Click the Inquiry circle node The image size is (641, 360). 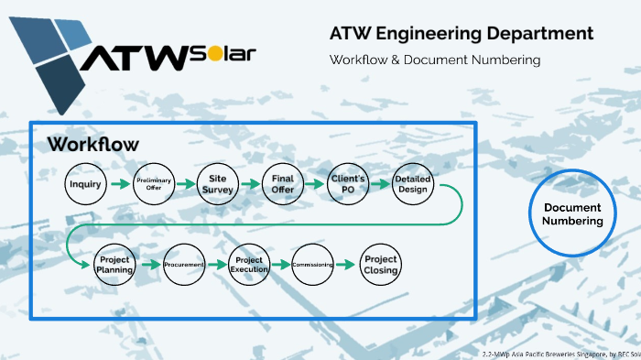85,184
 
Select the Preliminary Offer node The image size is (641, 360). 153,184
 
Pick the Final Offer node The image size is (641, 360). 282,184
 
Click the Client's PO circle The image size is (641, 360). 347,184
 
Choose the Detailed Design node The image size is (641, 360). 412,184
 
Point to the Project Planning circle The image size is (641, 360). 115,265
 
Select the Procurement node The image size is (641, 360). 183,265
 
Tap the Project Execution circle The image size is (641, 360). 249,265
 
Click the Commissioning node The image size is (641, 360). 313,265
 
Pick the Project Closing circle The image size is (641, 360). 380,265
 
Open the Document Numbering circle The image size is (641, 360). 572,214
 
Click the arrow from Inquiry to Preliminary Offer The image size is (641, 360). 119,184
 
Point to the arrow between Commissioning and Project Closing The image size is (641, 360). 346,265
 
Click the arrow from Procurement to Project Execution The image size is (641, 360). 216,265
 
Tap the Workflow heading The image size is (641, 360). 93,144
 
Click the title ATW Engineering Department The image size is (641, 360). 462,34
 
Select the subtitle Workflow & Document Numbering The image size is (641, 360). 436,60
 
